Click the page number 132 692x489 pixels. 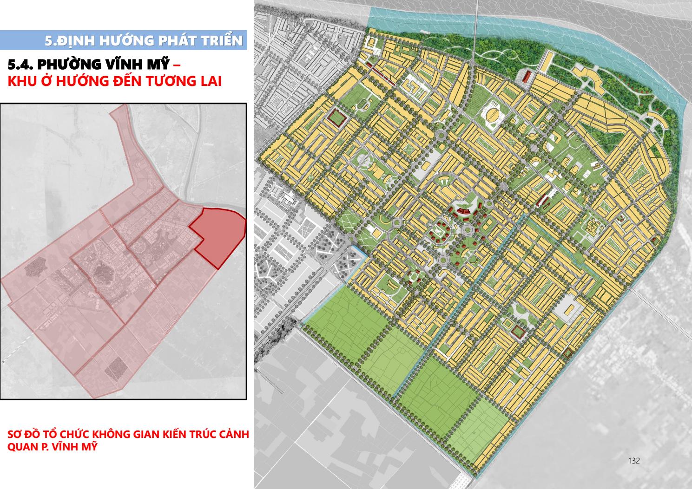[x=634, y=461]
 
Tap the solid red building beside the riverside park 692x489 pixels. [x=527, y=77]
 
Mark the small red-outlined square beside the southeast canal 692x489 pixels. [x=517, y=332]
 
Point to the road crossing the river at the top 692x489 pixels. [x=477, y=19]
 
